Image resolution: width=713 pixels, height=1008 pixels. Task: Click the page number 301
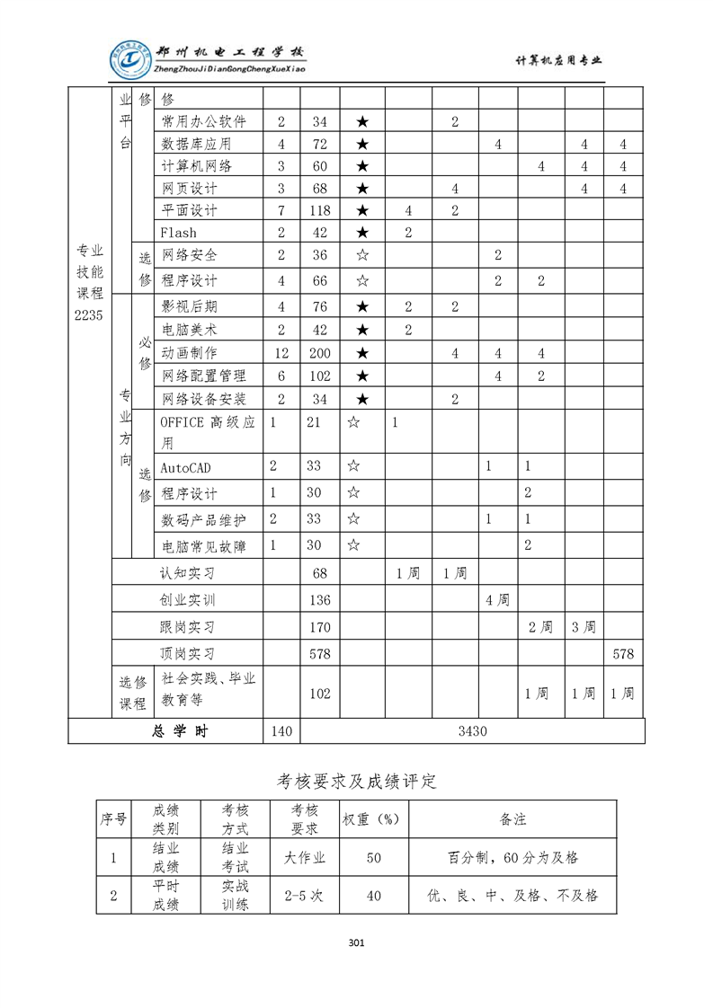pyautogui.click(x=356, y=942)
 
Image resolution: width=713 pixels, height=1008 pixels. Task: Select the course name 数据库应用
pyautogui.click(x=196, y=144)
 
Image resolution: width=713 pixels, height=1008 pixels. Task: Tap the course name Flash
pyautogui.click(x=178, y=233)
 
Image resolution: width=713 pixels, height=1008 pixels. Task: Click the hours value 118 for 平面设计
pyautogui.click(x=319, y=210)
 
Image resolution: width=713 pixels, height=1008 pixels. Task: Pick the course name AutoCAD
pyautogui.click(x=185, y=468)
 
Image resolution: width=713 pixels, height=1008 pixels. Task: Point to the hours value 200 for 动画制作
pyautogui.click(x=319, y=353)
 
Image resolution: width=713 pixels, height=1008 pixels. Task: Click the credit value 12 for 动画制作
pyautogui.click(x=281, y=353)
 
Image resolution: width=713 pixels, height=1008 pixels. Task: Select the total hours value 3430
pyautogui.click(x=472, y=731)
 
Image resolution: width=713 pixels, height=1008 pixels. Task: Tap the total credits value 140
pyautogui.click(x=281, y=731)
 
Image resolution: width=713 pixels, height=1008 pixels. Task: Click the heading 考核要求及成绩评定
pyautogui.click(x=356, y=781)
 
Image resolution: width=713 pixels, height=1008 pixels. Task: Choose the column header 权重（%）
pyautogui.click(x=373, y=819)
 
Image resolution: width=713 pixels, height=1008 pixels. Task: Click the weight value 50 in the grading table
pyautogui.click(x=373, y=858)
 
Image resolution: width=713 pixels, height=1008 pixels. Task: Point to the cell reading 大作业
pyautogui.click(x=304, y=858)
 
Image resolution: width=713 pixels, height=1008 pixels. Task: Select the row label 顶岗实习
pyautogui.click(x=187, y=654)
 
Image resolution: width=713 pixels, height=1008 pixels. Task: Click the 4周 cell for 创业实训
pyautogui.click(x=497, y=600)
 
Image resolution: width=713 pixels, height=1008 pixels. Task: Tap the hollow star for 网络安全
pyautogui.click(x=361, y=255)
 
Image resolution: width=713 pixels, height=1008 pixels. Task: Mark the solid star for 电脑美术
pyautogui.click(x=361, y=330)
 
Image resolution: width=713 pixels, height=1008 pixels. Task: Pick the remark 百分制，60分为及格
pyautogui.click(x=512, y=858)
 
